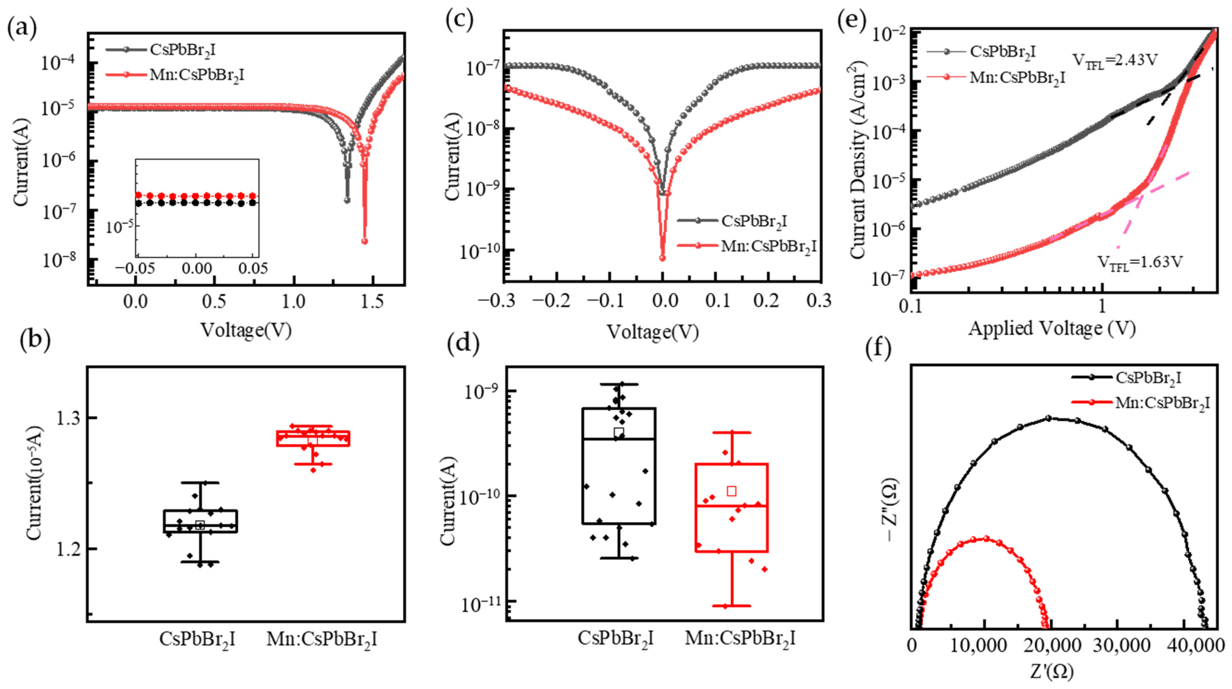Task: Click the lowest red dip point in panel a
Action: click(x=364, y=241)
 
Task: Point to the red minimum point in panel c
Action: click(x=663, y=258)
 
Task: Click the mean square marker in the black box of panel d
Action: click(x=619, y=433)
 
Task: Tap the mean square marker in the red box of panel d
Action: click(x=731, y=491)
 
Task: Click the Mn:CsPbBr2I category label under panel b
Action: click(x=321, y=639)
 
